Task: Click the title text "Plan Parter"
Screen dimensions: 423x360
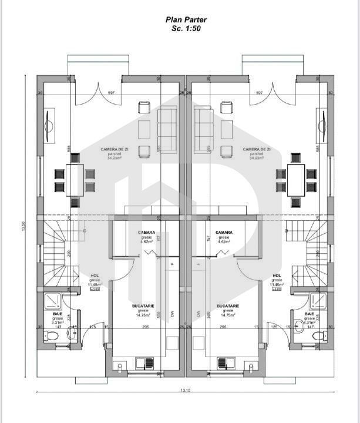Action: click(186, 19)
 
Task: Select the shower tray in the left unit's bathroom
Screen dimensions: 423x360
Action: click(53, 302)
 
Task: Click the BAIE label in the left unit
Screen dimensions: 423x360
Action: click(57, 315)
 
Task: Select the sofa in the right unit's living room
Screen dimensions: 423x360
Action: click(204, 129)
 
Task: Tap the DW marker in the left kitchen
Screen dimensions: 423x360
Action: click(172, 314)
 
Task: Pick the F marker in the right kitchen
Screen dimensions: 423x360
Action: click(198, 264)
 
